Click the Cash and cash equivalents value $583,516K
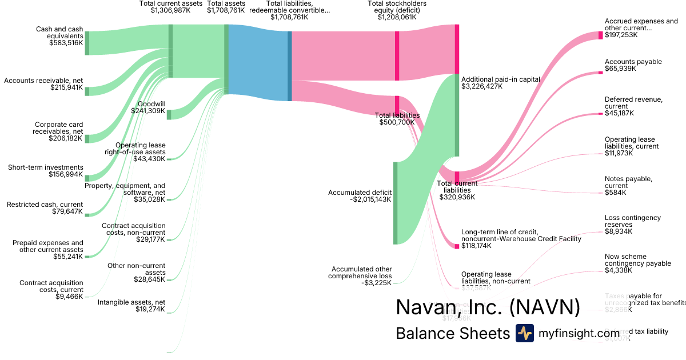coord(65,42)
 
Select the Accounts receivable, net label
coord(43,81)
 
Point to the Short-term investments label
coord(45,167)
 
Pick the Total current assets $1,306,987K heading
coord(171,7)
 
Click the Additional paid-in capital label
coord(500,79)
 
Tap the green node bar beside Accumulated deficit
coord(394,203)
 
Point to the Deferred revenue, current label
coord(633,103)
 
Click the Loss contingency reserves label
coord(632,221)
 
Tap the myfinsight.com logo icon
coord(524,333)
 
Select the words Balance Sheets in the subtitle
coord(452,333)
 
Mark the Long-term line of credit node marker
coord(457,246)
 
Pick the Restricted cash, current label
coord(44,205)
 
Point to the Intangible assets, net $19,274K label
coord(131,306)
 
